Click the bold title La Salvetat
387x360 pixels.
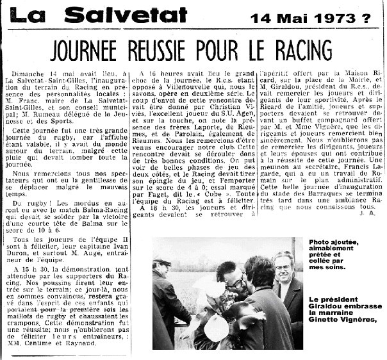pos(99,15)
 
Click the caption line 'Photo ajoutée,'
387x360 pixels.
pos(334,243)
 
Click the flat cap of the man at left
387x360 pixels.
pos(163,261)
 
